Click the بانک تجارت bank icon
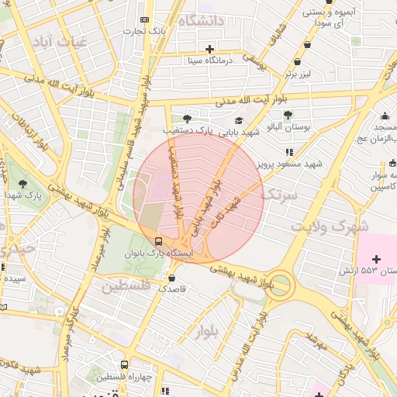click(143, 19)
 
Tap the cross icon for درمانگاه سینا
click(209, 49)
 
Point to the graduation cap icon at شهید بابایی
click(239, 121)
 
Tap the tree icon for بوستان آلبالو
click(288, 115)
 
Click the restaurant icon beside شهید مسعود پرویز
click(288, 152)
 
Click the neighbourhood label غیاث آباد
click(71, 42)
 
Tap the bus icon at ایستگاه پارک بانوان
click(158, 240)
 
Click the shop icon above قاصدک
click(172, 276)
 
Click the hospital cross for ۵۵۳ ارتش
click(377, 258)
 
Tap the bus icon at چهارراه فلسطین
click(124, 364)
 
